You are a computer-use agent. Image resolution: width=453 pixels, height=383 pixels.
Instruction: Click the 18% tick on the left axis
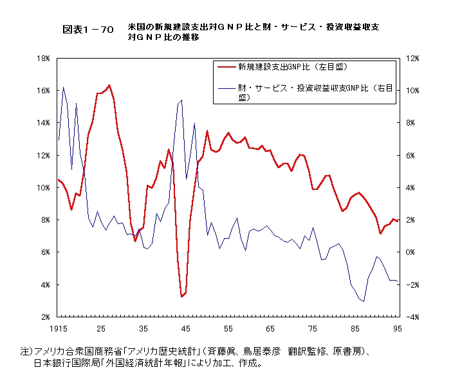point(43,58)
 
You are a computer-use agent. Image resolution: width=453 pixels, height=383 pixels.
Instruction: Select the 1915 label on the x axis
point(58,328)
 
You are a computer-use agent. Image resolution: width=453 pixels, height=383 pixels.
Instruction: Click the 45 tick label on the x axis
point(186,328)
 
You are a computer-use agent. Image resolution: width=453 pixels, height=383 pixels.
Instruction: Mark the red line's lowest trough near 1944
point(182,297)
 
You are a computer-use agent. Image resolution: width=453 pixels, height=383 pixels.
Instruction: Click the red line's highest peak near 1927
point(109,85)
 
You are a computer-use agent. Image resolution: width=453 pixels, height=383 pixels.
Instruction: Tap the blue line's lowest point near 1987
point(364,301)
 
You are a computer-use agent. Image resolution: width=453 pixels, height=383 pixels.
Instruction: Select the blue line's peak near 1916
point(63,87)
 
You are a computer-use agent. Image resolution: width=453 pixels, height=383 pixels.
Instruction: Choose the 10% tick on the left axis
point(43,187)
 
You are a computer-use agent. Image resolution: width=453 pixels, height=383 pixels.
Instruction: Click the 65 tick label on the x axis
point(271,328)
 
